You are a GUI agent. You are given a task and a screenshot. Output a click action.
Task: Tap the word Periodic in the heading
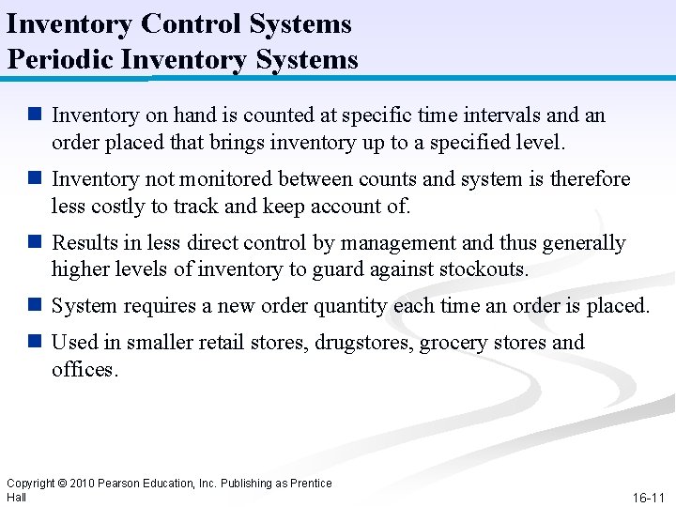click(x=59, y=60)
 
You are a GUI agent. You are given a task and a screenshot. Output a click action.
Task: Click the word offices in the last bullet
click(x=84, y=369)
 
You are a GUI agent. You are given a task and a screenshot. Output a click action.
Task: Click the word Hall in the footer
click(x=16, y=497)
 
